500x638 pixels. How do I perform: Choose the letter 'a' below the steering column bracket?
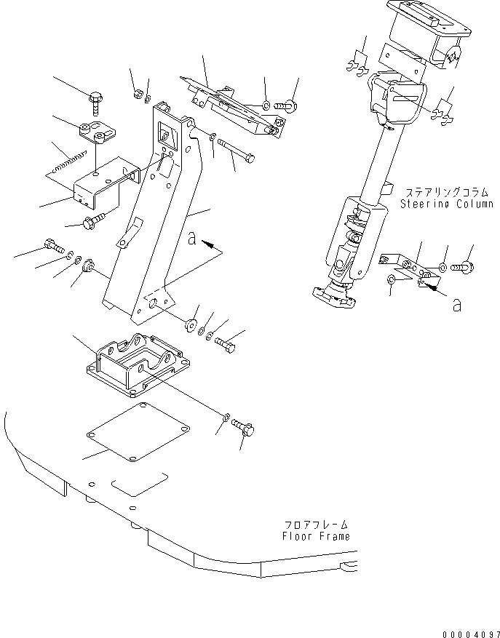pos(456,306)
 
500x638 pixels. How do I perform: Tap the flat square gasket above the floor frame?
pos(139,433)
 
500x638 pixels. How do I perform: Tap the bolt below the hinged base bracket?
pos(245,428)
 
